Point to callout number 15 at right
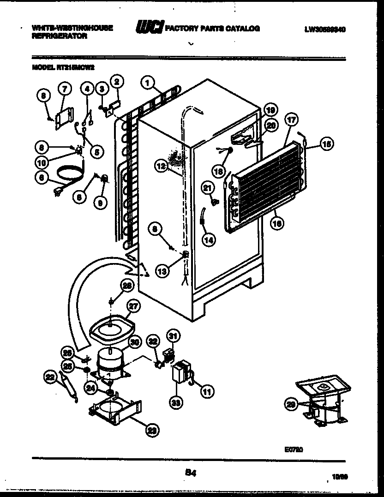326,144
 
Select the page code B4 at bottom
189,471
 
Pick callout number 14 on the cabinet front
209,240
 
